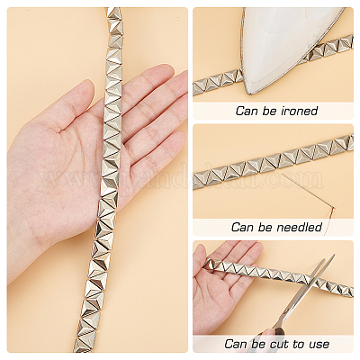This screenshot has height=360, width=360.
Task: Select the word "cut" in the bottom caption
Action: click(x=281, y=344)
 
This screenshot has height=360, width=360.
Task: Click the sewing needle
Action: click(x=309, y=191)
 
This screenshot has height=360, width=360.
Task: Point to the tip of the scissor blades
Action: click(x=333, y=256)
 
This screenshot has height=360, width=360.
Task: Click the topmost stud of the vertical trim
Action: click(x=113, y=13)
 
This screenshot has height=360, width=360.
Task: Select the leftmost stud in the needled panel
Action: click(x=201, y=179)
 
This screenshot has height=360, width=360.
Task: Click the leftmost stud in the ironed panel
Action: click(x=200, y=87)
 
